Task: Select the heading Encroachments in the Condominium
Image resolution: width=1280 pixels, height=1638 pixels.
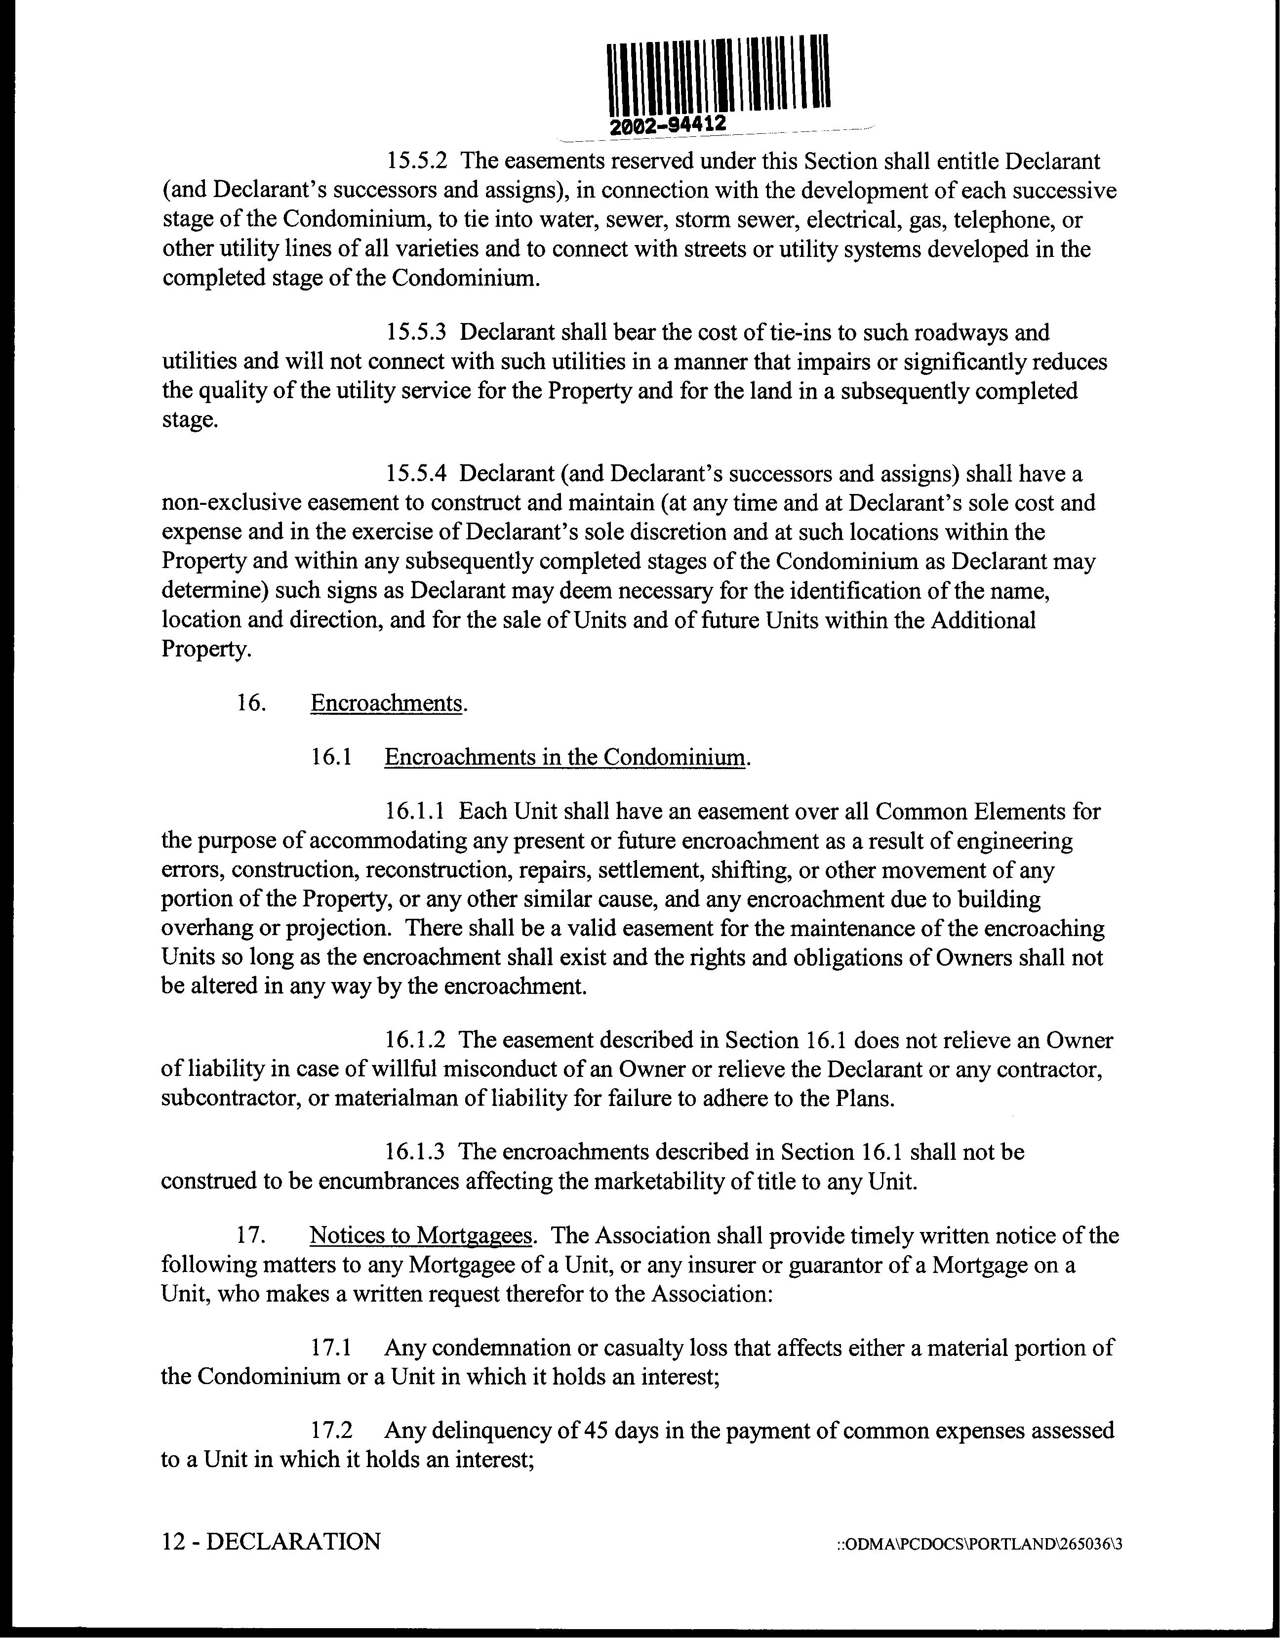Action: click(x=565, y=757)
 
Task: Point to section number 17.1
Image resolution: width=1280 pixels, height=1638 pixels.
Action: click(x=331, y=1348)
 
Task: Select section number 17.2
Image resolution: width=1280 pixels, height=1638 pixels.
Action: click(x=331, y=1430)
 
